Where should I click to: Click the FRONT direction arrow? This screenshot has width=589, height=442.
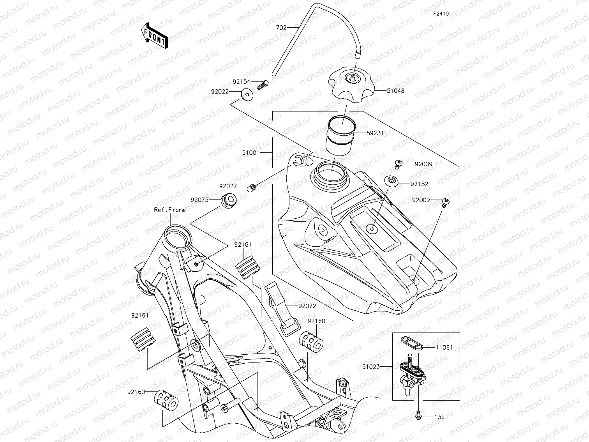[x=155, y=35]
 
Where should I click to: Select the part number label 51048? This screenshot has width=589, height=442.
[x=395, y=91]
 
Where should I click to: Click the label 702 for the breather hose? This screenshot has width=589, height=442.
[x=281, y=28]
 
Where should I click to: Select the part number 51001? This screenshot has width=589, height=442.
[x=250, y=153]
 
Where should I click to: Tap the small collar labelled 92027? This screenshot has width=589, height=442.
[x=252, y=188]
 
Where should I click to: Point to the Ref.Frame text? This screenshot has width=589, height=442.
[x=170, y=210]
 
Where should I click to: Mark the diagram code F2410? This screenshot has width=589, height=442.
[x=441, y=14]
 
